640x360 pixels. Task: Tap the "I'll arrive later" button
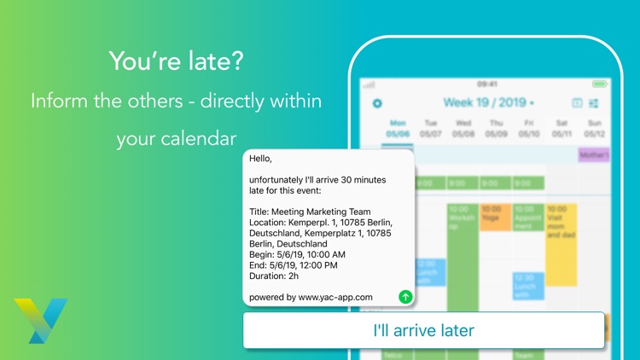[423, 330]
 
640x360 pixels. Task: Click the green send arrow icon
[405, 297]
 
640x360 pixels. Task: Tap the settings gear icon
[378, 104]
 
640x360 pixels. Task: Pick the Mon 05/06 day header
[398, 128]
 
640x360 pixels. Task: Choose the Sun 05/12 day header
[596, 128]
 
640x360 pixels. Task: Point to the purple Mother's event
[594, 155]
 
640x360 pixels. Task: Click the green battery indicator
[599, 84]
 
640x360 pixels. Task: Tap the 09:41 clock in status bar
[487, 84]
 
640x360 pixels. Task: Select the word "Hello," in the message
[263, 159]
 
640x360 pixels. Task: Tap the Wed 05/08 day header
[463, 128]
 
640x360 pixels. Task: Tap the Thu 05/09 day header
[497, 128]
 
